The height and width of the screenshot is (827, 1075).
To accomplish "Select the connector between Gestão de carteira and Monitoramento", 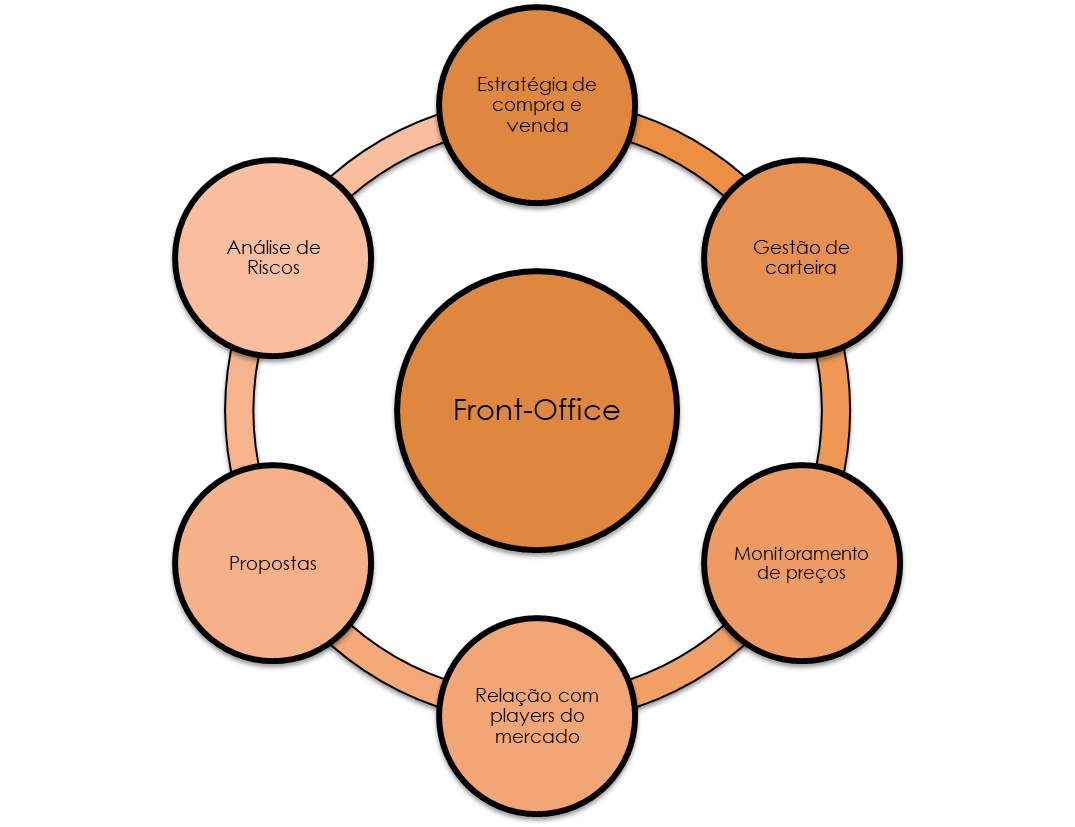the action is (835, 411).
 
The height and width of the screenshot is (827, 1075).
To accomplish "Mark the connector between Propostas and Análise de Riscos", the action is (241, 411).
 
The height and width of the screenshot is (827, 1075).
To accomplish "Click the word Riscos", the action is (273, 268).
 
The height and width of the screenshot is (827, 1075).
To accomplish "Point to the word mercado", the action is (537, 737).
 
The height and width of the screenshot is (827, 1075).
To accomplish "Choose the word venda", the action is (537, 126).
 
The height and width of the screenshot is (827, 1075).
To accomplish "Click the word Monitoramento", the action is (801, 553).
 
